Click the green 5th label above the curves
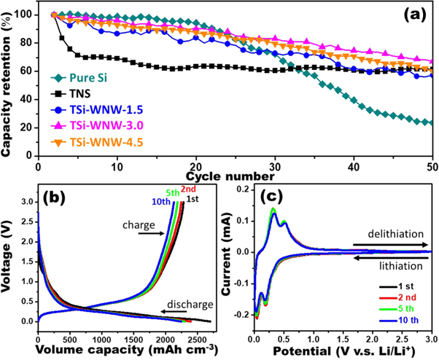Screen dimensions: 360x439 pos(172,193)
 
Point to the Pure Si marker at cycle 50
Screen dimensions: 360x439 pos(432,122)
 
